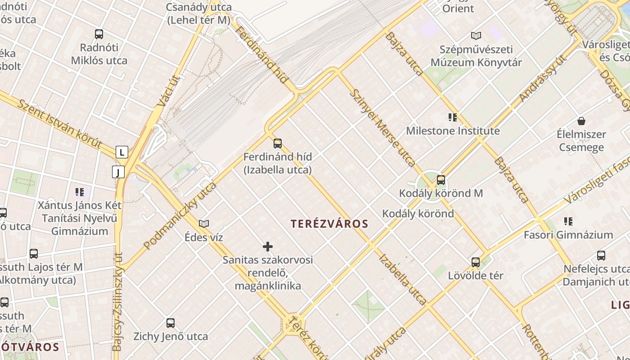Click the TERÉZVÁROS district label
click(329, 224)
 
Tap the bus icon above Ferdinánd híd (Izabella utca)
click(278, 144)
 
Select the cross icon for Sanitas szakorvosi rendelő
click(268, 247)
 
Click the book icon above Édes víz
click(204, 224)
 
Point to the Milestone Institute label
click(453, 131)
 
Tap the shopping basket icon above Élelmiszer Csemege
click(581, 121)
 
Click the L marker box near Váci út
click(121, 152)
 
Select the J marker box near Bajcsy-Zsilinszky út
click(118, 172)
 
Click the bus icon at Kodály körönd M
click(441, 180)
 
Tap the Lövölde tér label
click(476, 275)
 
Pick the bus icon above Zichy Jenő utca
click(171, 323)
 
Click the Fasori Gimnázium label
click(568, 235)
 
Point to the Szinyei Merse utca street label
click(382, 128)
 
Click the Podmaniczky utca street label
click(180, 216)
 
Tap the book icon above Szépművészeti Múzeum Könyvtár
click(476, 35)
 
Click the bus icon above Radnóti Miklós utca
click(99, 34)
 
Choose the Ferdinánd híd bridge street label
click(261, 55)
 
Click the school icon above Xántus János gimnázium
click(80, 193)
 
